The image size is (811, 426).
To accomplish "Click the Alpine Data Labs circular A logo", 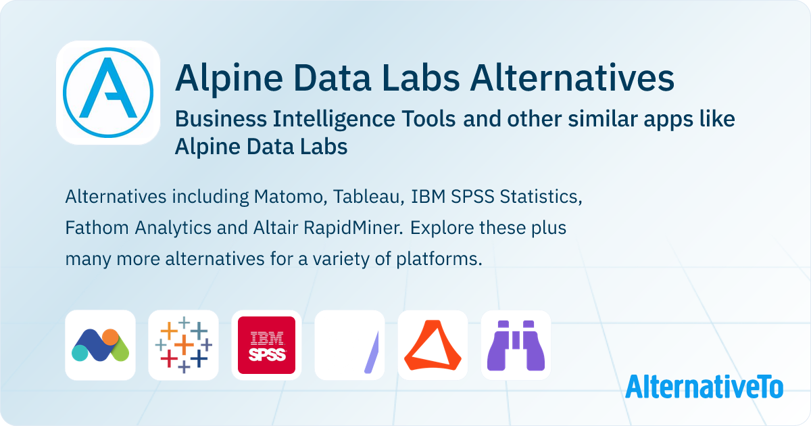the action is (x=108, y=93).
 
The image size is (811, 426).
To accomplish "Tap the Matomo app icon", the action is (x=100, y=345).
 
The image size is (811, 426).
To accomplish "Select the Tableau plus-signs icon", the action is (x=184, y=345).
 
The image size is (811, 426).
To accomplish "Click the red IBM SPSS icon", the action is (x=266, y=345).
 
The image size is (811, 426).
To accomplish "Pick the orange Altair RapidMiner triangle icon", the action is (x=433, y=345).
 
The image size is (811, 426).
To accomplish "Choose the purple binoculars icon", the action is (x=516, y=345).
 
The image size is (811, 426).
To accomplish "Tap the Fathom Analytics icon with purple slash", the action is (x=350, y=345).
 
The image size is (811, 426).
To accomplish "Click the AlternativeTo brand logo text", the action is (x=704, y=387).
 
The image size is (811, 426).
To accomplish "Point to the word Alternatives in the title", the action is (x=572, y=78).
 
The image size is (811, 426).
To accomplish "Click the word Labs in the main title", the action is (x=420, y=78).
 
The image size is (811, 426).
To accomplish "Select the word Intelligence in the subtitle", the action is (x=333, y=120).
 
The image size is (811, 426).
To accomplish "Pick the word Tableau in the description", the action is (x=368, y=197).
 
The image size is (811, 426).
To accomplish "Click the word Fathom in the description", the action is (x=97, y=228).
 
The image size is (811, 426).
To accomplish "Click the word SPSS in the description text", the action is (x=472, y=197).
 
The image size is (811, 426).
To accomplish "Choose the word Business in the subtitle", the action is (x=221, y=119).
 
